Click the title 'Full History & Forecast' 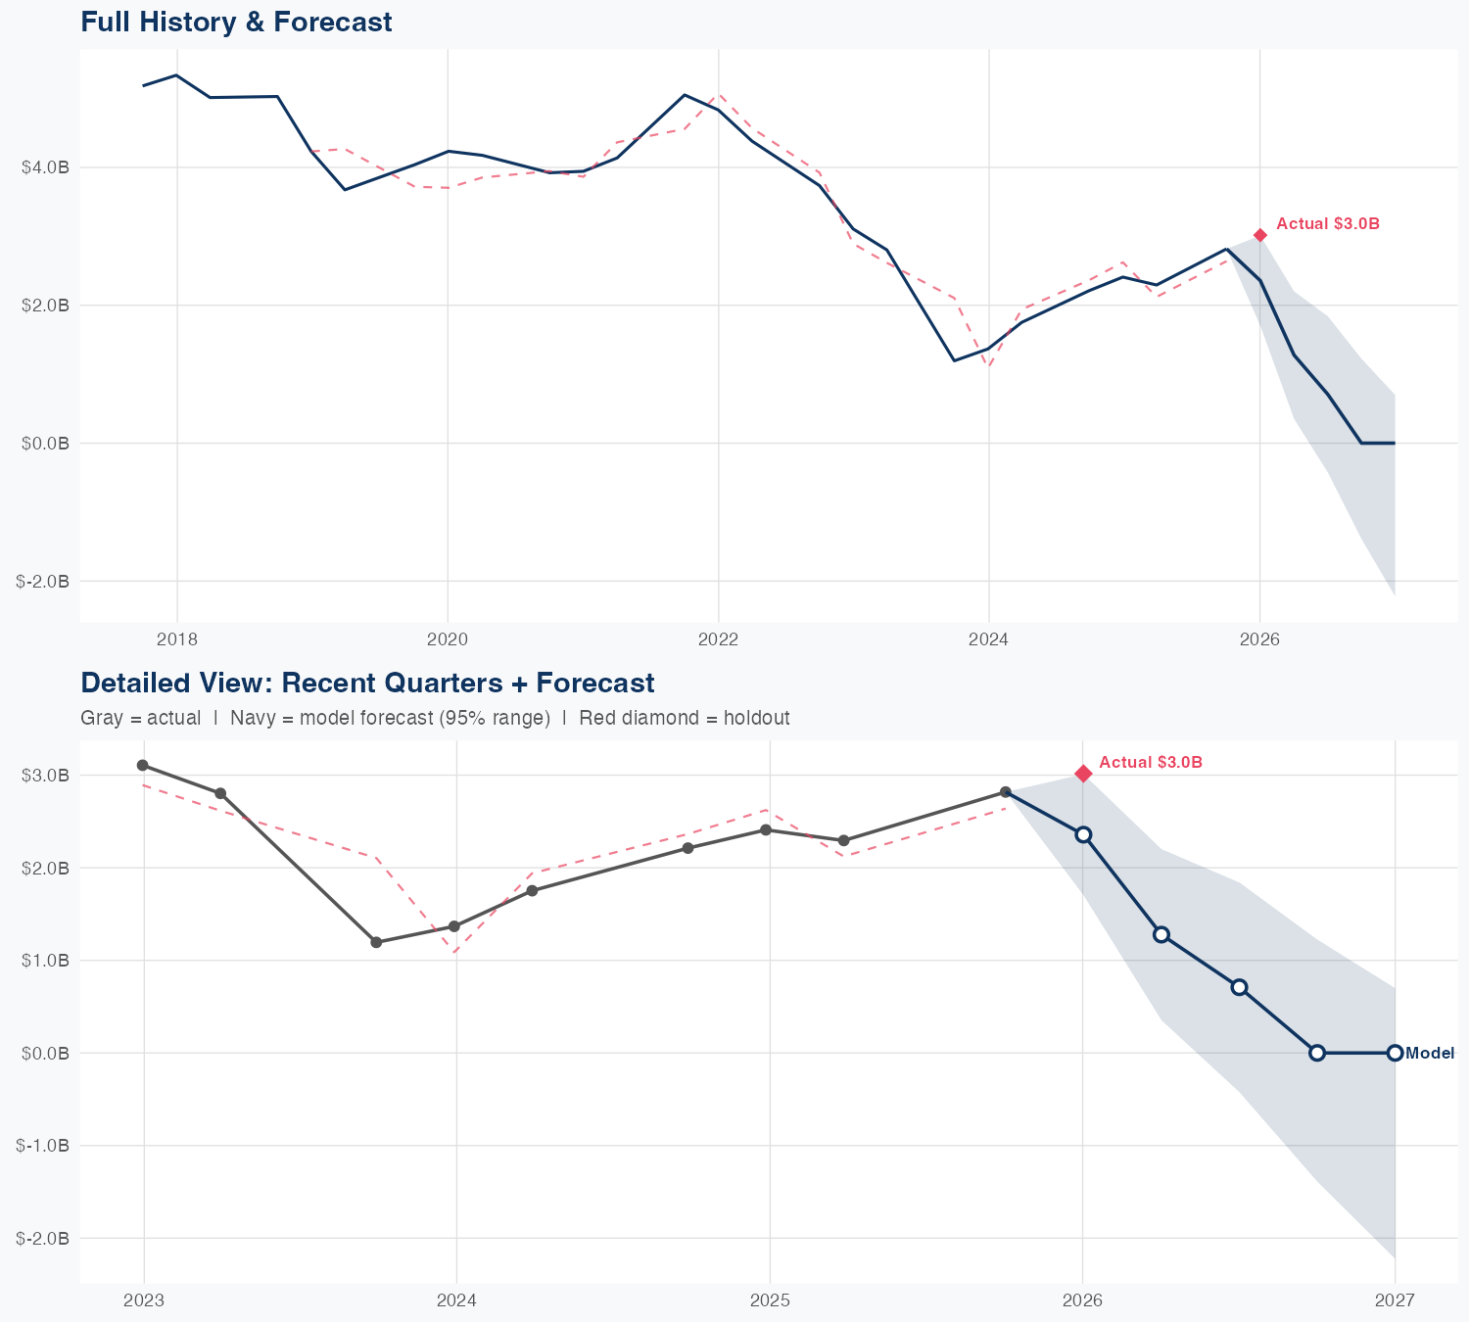236,22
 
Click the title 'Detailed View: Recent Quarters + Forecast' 367,683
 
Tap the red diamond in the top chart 1260,235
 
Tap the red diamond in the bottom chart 1083,774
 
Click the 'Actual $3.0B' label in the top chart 1328,224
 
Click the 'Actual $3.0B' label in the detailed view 1151,763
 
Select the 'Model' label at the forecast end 1430,1054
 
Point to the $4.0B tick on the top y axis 45,167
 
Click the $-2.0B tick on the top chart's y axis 43,582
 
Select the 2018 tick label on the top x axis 177,640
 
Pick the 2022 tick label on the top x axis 718,640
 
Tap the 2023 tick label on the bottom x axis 144,1300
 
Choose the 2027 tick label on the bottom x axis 1395,1300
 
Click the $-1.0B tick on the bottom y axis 43,1146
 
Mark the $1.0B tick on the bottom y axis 45,961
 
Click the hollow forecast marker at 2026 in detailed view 1083,834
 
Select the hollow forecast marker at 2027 1395,1053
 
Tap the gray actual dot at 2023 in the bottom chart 143,765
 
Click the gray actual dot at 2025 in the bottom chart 766,830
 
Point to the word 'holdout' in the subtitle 756,718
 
